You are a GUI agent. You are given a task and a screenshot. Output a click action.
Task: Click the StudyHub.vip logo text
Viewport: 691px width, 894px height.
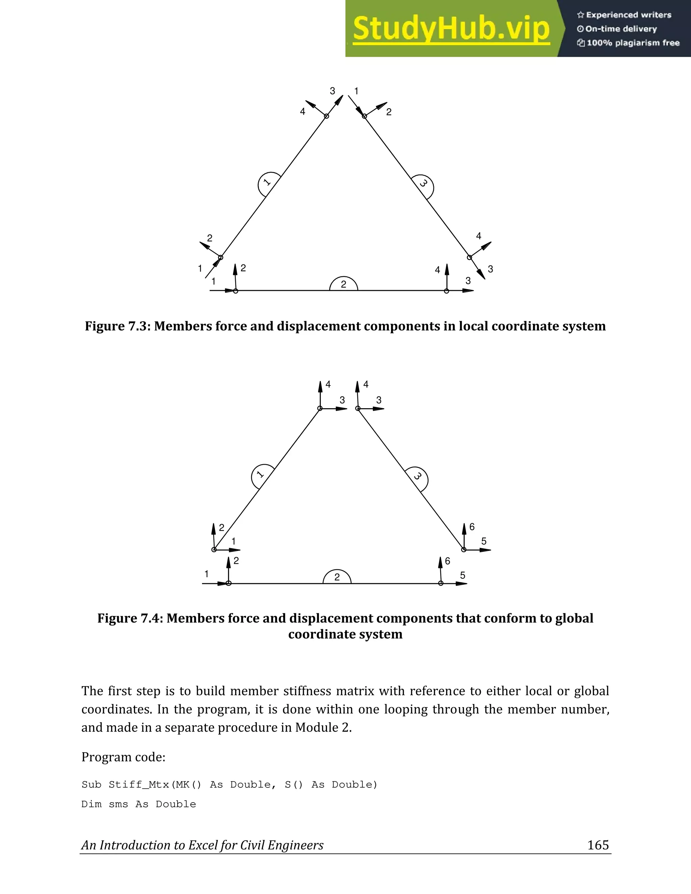point(451,29)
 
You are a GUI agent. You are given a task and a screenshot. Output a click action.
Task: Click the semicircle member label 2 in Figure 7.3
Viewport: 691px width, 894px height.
point(343,284)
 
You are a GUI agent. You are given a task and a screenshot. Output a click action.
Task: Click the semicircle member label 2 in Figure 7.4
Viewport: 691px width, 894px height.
point(337,577)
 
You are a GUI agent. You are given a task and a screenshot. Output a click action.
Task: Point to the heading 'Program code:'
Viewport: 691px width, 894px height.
point(123,757)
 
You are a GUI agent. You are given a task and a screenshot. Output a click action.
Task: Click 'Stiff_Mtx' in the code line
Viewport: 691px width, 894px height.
point(139,785)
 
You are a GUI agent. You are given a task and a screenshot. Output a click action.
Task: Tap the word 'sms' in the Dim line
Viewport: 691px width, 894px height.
point(118,804)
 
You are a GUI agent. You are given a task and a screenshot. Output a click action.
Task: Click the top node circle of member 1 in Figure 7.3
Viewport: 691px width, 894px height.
point(326,116)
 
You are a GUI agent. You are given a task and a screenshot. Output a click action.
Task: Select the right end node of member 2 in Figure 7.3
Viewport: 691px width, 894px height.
point(447,291)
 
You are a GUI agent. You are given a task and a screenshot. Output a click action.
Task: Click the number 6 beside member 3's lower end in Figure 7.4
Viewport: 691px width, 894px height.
point(472,527)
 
